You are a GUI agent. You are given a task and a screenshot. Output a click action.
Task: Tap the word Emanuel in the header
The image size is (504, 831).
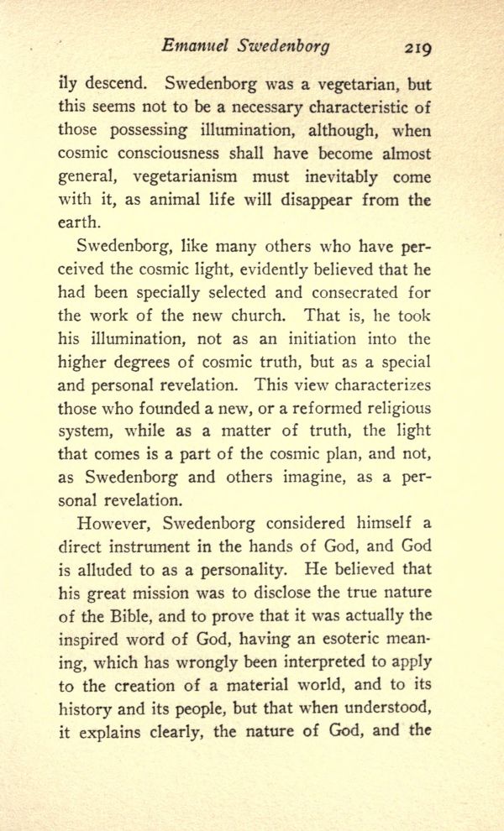point(192,46)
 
